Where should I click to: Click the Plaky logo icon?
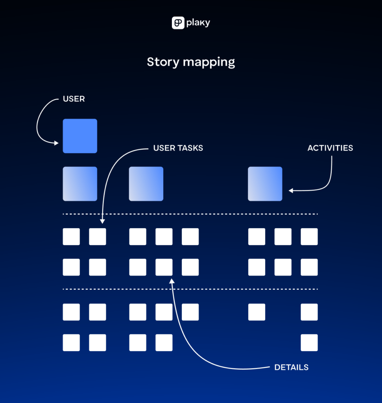[178, 23]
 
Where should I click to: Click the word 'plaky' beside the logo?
[198, 23]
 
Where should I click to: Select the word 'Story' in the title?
[161, 62]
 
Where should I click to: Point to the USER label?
[74, 99]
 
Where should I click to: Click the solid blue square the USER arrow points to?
[80, 136]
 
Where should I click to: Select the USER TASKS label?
[178, 148]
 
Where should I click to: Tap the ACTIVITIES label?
[330, 148]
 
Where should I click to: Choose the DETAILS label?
[291, 368]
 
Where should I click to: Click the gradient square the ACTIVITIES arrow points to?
[265, 184]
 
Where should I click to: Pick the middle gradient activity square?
[146, 184]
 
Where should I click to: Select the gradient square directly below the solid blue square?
[80, 184]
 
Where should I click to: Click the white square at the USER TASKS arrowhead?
[98, 237]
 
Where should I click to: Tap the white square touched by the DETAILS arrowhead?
[164, 267]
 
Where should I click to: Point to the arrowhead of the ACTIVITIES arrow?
[291, 191]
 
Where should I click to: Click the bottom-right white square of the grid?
[309, 342]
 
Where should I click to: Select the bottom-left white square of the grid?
[71, 342]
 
